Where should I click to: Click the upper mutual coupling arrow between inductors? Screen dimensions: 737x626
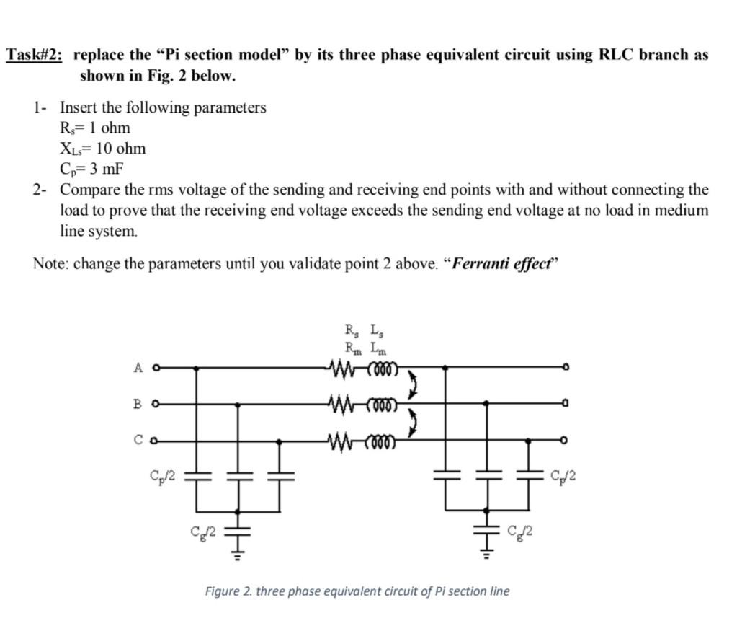point(415,385)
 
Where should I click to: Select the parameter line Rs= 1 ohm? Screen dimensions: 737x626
point(95,128)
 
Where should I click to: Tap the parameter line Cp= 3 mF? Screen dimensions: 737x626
point(91,169)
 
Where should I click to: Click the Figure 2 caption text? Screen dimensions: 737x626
point(357,591)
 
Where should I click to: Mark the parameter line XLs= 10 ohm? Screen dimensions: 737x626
point(102,149)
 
